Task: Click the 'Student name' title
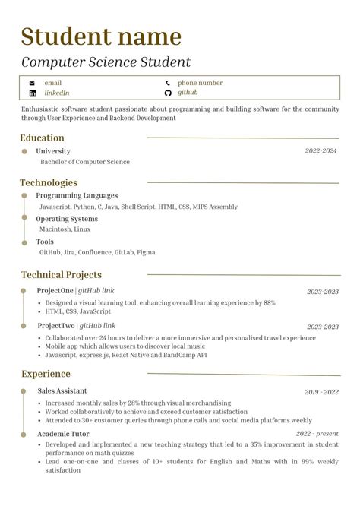coord(101,36)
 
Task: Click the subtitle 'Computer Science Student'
coord(106,62)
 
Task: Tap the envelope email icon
coord(32,83)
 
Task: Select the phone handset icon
coord(168,83)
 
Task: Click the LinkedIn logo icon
coord(32,93)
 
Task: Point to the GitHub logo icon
coord(168,93)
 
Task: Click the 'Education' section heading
coord(42,138)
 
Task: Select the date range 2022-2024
coord(321,151)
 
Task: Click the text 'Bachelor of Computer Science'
coord(84,162)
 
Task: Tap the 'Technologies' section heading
coord(49,182)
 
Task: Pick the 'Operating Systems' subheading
coord(67,219)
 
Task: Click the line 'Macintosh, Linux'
coord(65,229)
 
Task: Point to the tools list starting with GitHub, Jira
coord(96,252)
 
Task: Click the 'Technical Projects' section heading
coord(61,275)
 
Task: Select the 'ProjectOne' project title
coord(55,291)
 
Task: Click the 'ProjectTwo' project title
coord(55,327)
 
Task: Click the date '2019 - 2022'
coord(321,392)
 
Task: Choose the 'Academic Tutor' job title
coord(63,434)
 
